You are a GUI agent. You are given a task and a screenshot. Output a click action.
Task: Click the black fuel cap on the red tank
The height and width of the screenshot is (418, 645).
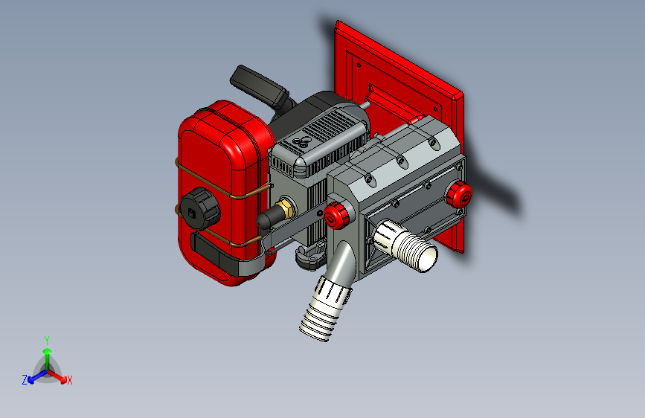click(200, 208)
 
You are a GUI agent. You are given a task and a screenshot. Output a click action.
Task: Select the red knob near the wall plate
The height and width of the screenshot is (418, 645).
click(460, 194)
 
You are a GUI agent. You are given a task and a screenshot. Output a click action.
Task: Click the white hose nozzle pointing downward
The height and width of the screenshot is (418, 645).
click(325, 309)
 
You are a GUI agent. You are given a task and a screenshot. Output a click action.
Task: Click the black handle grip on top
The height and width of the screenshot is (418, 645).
click(260, 87)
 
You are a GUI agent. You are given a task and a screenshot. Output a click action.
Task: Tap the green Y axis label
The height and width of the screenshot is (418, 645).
click(47, 341)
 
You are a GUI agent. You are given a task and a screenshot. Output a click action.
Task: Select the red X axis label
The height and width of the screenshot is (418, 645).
click(69, 381)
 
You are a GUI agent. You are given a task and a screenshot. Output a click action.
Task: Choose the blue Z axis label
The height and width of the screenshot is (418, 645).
click(25, 380)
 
